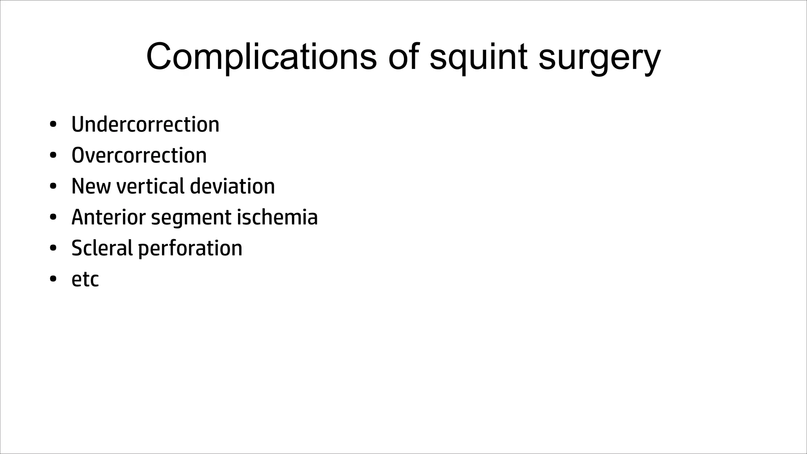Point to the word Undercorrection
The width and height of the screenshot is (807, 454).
(x=145, y=125)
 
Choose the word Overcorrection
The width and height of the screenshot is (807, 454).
(x=139, y=155)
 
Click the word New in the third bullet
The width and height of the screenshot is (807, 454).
(x=91, y=186)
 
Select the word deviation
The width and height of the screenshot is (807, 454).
(x=232, y=186)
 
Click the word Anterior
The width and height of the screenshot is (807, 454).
(x=108, y=217)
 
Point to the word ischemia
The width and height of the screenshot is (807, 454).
(x=277, y=217)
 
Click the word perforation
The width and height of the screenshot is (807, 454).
(x=190, y=249)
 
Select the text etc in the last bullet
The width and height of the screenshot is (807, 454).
(x=85, y=279)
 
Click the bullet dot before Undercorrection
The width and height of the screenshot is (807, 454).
(x=53, y=125)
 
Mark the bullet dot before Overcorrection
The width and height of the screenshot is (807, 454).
(x=53, y=156)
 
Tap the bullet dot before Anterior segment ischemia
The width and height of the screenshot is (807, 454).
(x=53, y=218)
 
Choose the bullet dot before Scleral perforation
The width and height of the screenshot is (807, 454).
(x=53, y=248)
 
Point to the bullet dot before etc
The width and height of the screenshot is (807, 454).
(x=53, y=279)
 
